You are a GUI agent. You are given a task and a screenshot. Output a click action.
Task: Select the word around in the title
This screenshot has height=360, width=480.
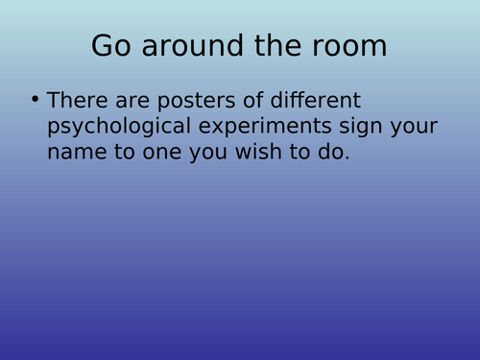pyautogui.click(x=186, y=46)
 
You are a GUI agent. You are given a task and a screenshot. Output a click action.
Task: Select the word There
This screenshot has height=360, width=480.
pyautogui.click(x=75, y=100)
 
